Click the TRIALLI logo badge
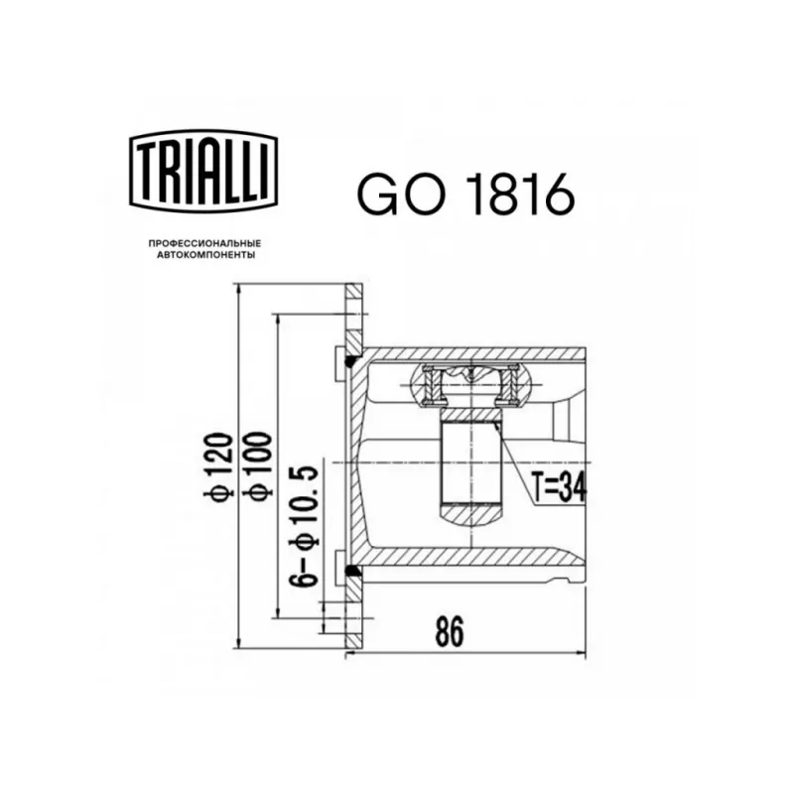pos(203,171)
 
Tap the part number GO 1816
pos(465,193)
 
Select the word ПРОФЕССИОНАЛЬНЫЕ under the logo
pos(204,244)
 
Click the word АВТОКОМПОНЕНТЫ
pos(205,255)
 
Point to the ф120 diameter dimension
pos(218,465)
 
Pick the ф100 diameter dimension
pos(258,465)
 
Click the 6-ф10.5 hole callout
pos(304,526)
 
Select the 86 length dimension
pos(450,631)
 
